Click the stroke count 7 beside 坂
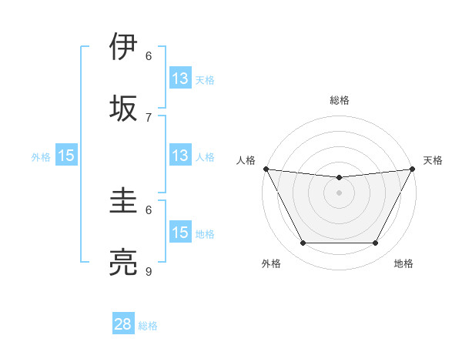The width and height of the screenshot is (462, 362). (x=149, y=117)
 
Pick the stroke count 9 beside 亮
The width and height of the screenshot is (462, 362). (x=149, y=271)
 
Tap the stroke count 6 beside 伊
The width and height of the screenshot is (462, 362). (x=149, y=55)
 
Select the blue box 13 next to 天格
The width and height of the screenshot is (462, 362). (x=180, y=79)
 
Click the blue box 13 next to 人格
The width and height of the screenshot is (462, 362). (x=180, y=156)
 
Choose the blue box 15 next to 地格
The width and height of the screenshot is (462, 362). (x=180, y=233)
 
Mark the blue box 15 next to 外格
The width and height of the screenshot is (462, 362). (x=66, y=156)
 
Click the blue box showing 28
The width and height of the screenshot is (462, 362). (x=123, y=324)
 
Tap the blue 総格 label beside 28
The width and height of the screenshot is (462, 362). (x=148, y=326)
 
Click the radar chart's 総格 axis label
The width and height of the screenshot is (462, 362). (x=339, y=100)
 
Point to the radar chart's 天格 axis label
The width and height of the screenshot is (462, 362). (x=434, y=160)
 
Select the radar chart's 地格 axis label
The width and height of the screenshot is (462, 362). (x=403, y=263)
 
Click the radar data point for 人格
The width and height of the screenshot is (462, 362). (x=266, y=169)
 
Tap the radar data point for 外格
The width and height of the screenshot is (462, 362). (x=303, y=243)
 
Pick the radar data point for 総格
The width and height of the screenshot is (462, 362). (x=339, y=178)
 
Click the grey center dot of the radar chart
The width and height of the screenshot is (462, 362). (x=339, y=193)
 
